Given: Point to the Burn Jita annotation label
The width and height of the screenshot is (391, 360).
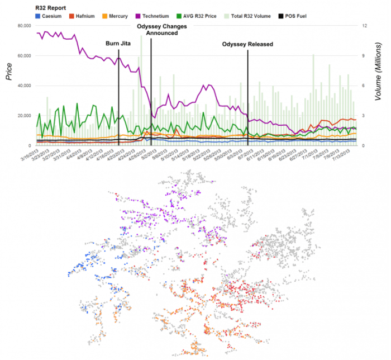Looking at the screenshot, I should click(x=118, y=44).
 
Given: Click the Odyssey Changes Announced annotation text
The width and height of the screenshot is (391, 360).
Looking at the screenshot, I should click(x=158, y=30).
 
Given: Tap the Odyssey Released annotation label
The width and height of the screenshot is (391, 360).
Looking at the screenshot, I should click(x=247, y=44).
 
